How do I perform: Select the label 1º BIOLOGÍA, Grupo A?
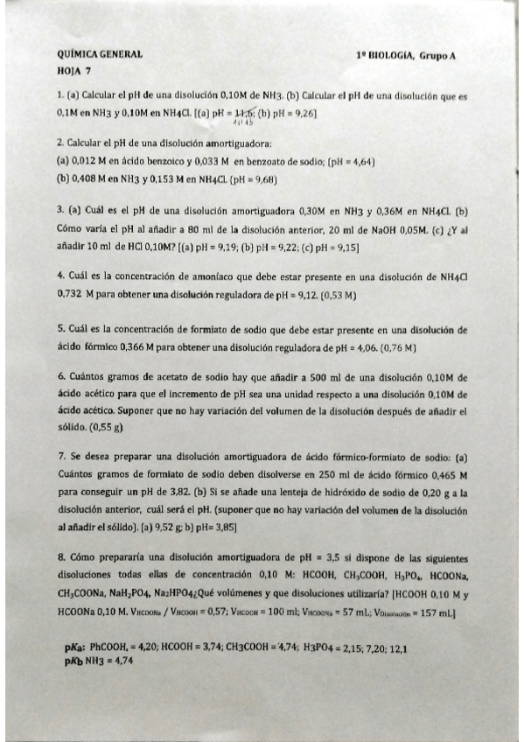tap(406, 54)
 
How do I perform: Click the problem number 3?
tap(59, 211)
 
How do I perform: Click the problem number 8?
tap(59, 557)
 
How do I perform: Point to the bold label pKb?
tap(72, 662)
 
